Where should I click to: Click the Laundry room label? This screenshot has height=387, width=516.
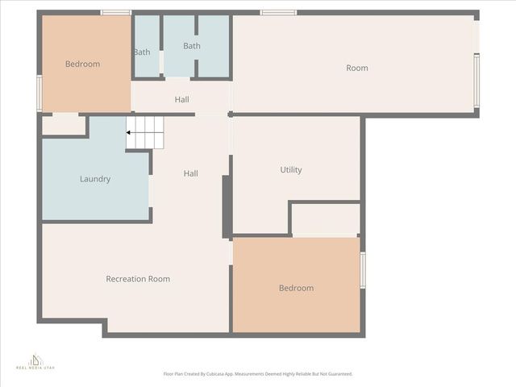(x=95, y=179)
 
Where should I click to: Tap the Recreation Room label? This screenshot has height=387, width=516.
(x=138, y=279)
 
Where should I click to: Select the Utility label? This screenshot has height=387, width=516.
(x=291, y=170)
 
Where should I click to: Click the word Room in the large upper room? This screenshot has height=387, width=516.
(x=357, y=69)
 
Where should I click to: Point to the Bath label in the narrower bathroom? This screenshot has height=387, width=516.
(x=142, y=52)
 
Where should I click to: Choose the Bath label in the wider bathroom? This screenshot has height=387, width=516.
(x=192, y=46)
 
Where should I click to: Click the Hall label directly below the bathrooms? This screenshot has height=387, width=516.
(x=182, y=100)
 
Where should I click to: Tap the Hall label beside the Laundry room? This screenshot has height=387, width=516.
(x=191, y=173)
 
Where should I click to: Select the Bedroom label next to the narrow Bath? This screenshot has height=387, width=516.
(x=83, y=64)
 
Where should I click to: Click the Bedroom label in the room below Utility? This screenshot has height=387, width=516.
(x=296, y=288)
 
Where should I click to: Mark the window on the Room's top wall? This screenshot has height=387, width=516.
(x=278, y=13)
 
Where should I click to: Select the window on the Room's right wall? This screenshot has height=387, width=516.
(x=476, y=80)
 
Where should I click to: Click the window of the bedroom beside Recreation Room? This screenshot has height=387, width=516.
(x=363, y=270)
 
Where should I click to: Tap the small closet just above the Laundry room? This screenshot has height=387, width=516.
(x=64, y=125)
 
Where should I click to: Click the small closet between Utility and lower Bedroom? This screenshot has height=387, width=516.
(x=325, y=218)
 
